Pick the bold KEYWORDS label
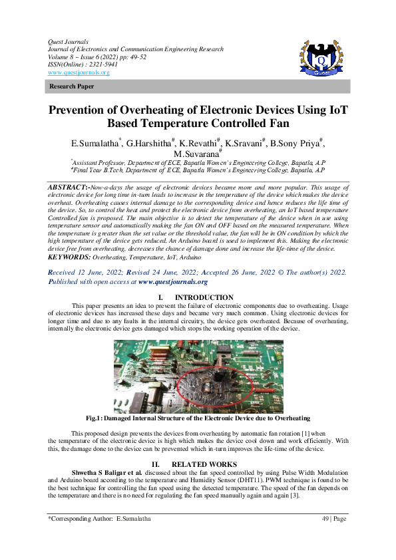(x=69, y=256)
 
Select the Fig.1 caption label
(x=97, y=418)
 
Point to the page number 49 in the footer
(x=325, y=518)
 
